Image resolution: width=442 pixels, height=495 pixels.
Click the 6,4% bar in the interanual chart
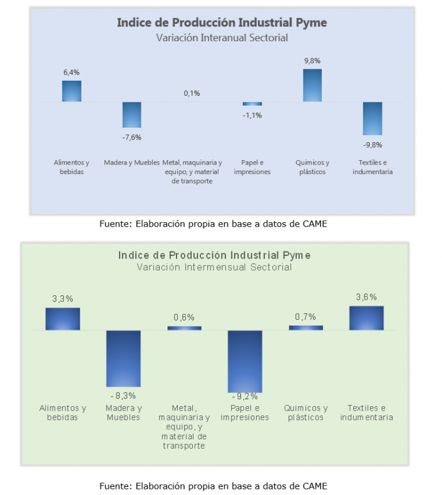71,91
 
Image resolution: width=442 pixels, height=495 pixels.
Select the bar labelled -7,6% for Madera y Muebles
131,115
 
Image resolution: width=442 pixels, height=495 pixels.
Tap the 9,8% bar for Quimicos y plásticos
312,85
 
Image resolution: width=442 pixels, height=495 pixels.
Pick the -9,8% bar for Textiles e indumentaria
373,118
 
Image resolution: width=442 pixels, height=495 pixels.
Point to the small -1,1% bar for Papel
252,104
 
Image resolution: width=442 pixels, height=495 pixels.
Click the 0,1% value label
192,93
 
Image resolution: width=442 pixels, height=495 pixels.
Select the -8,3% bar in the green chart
123,359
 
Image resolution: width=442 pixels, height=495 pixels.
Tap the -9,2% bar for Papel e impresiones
245,361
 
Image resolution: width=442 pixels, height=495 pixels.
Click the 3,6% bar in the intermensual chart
366,318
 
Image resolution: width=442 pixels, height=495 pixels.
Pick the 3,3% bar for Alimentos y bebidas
63,319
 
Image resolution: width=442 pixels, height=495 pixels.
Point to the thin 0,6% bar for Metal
184,328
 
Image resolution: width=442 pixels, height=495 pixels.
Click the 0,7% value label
306,317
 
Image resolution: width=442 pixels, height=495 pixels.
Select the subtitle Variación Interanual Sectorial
222,38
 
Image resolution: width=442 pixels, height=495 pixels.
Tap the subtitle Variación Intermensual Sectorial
214,267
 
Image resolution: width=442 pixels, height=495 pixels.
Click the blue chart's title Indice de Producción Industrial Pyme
222,23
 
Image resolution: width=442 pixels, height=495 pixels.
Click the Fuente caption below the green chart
213,486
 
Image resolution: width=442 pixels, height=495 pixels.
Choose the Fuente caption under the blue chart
213,223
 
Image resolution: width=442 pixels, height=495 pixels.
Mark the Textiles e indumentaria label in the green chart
366,412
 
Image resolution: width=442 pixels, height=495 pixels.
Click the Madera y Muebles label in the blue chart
131,162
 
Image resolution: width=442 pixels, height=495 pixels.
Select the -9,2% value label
245,396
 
